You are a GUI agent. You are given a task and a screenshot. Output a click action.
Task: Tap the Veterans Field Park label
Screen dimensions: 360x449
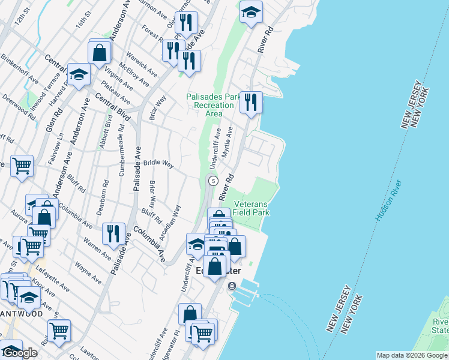(x=251, y=208)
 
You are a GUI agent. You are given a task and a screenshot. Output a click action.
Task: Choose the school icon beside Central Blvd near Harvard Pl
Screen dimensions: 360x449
(x=78, y=75)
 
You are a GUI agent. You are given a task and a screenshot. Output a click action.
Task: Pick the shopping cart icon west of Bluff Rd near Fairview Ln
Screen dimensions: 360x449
(x=22, y=165)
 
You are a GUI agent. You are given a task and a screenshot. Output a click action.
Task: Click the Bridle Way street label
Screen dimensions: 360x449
(x=158, y=163)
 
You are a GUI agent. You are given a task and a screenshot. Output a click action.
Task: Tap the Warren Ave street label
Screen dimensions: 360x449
(x=97, y=250)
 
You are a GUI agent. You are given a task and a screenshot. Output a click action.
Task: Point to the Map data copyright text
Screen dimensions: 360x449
(x=412, y=355)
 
